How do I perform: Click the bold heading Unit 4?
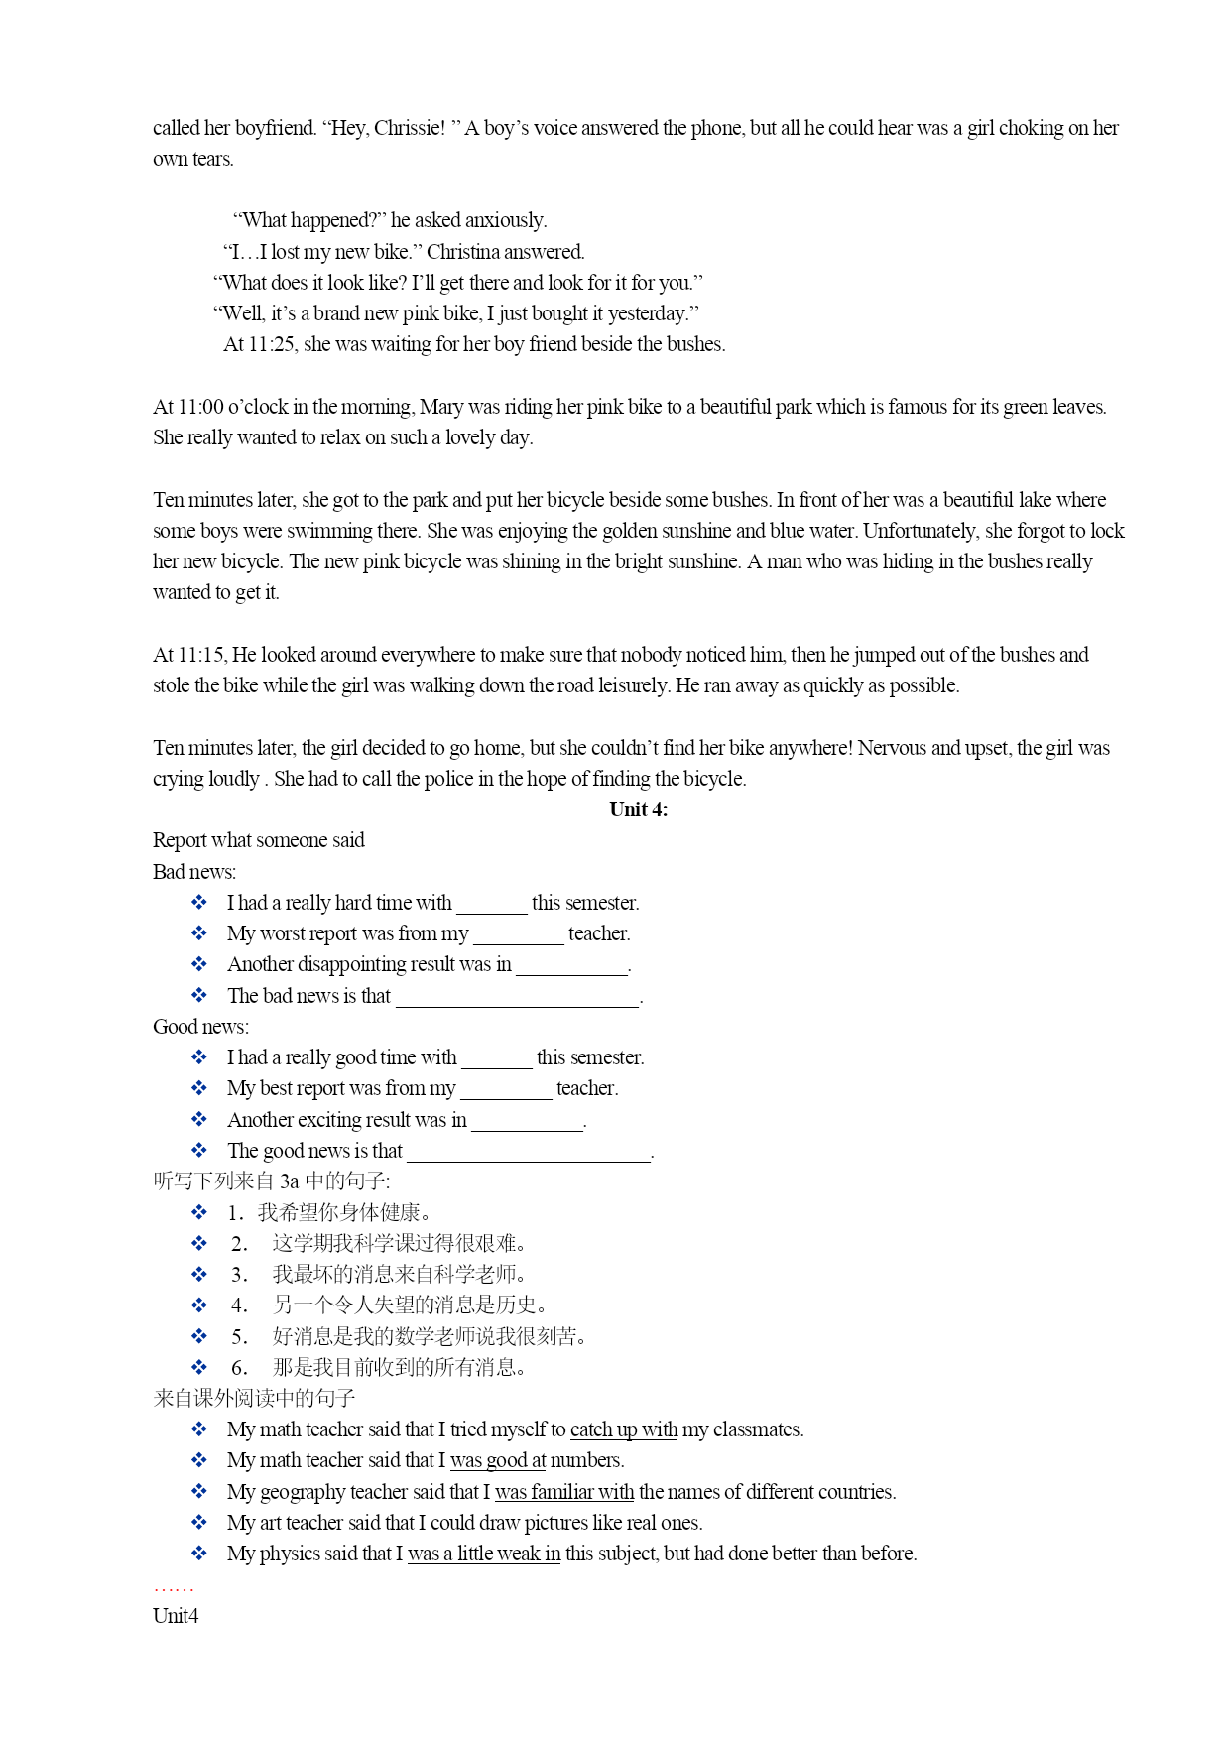pos(638,809)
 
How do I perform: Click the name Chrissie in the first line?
pos(409,128)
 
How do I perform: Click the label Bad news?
pos(194,872)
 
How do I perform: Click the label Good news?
pos(200,1027)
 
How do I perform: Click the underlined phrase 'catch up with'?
pos(623,1429)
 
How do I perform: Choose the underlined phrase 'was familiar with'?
pos(563,1492)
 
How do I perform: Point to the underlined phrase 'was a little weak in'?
pos(483,1554)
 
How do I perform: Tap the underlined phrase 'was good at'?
pos(497,1460)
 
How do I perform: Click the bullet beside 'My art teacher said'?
pos(199,1523)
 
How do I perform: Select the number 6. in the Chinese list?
pos(239,1368)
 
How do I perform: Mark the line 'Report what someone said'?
pos(258,840)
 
